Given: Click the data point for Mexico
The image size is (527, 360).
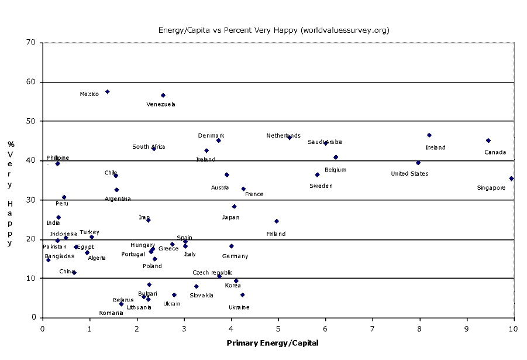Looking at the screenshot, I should pyautogui.click(x=108, y=92).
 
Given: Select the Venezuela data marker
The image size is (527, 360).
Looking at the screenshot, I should pyautogui.click(x=163, y=95).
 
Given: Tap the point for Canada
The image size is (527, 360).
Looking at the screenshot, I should pyautogui.click(x=488, y=140).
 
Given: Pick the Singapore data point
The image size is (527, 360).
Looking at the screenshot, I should pyautogui.click(x=511, y=179).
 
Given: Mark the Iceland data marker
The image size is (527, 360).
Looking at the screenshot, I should pyautogui.click(x=429, y=135).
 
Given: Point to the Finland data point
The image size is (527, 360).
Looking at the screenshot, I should pyautogui.click(x=277, y=221).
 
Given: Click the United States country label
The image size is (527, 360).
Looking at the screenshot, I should pyautogui.click(x=409, y=174).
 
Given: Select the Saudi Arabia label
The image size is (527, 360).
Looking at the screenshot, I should pyautogui.click(x=325, y=142).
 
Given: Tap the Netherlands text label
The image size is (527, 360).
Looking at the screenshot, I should pyautogui.click(x=283, y=136).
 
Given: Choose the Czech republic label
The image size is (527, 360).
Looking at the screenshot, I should pyautogui.click(x=212, y=273).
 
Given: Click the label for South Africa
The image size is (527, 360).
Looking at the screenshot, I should pyautogui.click(x=149, y=147).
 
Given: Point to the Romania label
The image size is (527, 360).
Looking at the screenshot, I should pyautogui.click(x=111, y=313).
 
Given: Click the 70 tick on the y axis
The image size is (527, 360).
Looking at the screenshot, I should pyautogui.click(x=31, y=43).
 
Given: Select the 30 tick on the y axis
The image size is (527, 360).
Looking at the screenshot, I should pyautogui.click(x=31, y=200).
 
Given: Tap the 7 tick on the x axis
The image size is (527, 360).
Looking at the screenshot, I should pyautogui.click(x=373, y=328).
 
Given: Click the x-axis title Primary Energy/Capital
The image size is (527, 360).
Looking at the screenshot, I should pyautogui.click(x=273, y=344).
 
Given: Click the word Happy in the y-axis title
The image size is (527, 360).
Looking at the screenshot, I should pyautogui.click(x=11, y=222).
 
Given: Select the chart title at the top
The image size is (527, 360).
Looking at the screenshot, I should pyautogui.click(x=274, y=30).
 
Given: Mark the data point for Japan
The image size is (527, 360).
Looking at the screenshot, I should pyautogui.click(x=234, y=207).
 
